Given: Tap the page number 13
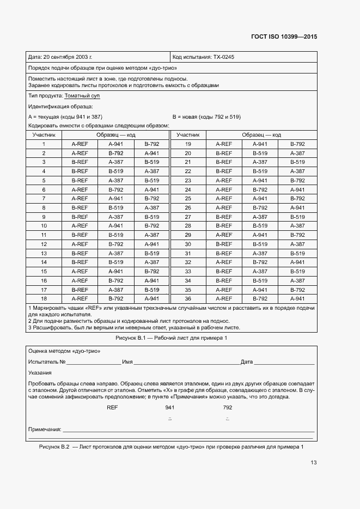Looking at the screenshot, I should (313, 463).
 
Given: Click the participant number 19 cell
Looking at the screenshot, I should (188, 144).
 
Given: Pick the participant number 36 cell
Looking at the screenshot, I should (188, 298).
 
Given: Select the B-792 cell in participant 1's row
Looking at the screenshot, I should (151, 144).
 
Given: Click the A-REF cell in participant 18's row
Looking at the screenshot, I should (80, 298).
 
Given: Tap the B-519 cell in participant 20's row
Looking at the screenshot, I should (260, 153).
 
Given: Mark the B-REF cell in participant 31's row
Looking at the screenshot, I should (224, 253).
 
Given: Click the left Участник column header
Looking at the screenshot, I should (44, 134).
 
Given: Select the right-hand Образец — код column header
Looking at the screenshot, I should (261, 134).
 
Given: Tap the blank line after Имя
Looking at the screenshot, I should (186, 361).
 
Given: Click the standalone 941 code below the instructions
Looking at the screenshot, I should (169, 407).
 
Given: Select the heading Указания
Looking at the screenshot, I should (40, 373).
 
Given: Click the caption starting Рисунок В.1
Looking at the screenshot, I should (171, 338).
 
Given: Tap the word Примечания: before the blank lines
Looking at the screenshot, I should (44, 430).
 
